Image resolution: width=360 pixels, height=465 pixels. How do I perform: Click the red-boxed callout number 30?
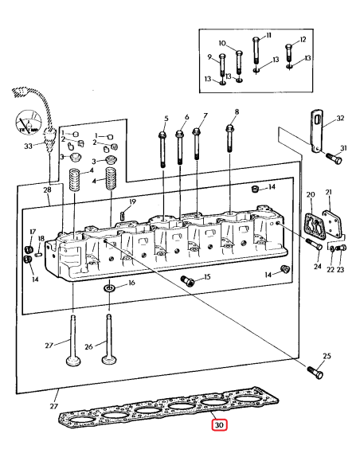[219, 425]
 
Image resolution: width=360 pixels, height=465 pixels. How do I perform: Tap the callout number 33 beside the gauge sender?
[28, 146]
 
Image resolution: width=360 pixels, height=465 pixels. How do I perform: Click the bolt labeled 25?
[315, 372]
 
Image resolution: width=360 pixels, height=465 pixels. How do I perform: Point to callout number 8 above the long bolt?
[237, 111]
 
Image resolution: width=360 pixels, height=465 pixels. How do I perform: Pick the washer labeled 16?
[109, 287]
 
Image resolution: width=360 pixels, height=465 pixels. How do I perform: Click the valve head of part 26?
[109, 360]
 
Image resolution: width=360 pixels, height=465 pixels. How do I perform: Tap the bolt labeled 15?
[187, 280]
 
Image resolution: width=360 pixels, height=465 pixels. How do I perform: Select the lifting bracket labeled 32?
[316, 131]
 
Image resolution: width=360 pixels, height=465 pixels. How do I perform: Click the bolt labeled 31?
[335, 158]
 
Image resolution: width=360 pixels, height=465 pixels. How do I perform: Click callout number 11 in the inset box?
[269, 36]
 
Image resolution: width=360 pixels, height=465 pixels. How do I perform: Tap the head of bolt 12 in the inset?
[289, 47]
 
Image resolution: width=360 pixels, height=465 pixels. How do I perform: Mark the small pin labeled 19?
[122, 214]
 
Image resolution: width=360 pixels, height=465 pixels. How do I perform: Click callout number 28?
[47, 190]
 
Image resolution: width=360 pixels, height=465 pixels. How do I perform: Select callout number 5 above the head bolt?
[166, 119]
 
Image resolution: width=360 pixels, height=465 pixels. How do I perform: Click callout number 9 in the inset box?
[209, 57]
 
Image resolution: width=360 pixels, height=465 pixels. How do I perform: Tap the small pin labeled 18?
[38, 254]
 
